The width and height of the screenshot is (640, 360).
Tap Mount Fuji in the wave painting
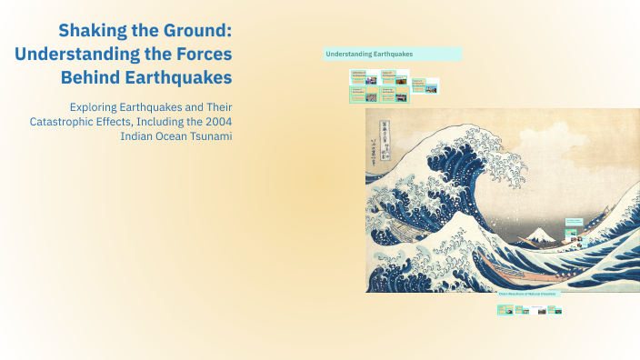[x=543, y=234]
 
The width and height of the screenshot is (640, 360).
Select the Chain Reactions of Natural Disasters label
[x=527, y=294]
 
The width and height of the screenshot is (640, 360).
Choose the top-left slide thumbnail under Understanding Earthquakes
[x=363, y=77]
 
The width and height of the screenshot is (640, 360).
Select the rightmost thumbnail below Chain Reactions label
[x=555, y=310]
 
